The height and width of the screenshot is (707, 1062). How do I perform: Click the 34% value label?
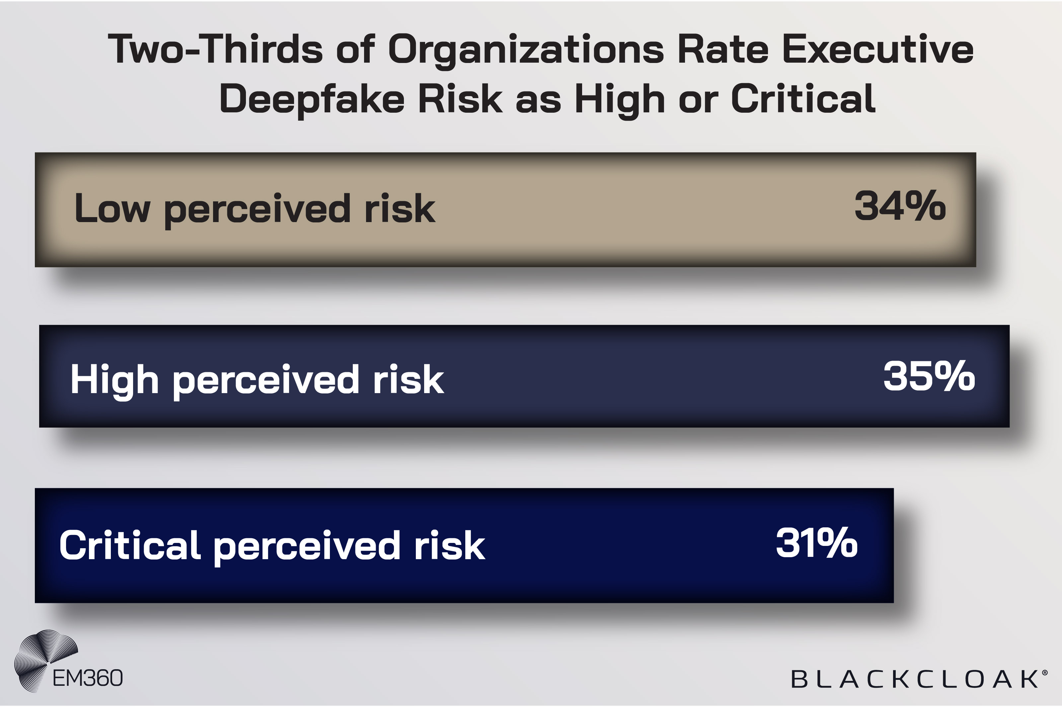[x=899, y=206]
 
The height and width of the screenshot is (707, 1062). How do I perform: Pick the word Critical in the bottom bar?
[x=129, y=545]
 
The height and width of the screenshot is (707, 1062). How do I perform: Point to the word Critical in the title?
[x=803, y=99]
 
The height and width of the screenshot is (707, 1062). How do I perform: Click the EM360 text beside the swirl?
[x=88, y=678]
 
